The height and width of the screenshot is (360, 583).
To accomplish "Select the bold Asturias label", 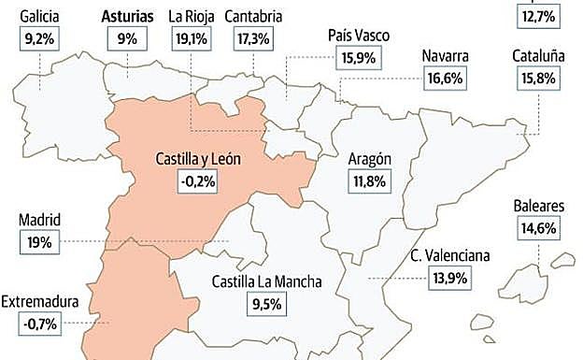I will (126, 16).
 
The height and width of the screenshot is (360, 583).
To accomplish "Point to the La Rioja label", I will (190, 16).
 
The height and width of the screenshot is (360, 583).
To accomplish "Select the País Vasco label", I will (359, 36).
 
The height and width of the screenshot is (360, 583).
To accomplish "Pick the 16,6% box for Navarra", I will (445, 78).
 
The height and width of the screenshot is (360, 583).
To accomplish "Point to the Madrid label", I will (39, 221).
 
